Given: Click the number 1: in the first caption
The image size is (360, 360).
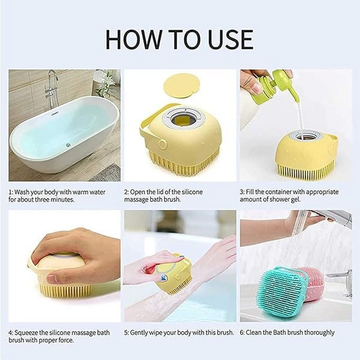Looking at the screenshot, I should tap(11, 192).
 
